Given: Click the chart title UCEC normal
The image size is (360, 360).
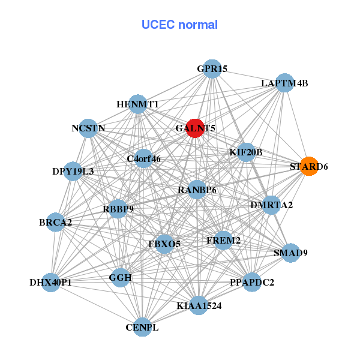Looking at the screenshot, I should tap(179, 25).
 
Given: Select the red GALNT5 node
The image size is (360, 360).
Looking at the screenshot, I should tap(195, 128).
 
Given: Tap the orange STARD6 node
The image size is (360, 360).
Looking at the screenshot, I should tap(309, 166).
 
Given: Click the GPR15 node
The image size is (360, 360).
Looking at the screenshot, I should tap(211, 69).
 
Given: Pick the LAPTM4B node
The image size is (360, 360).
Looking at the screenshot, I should tap(284, 83).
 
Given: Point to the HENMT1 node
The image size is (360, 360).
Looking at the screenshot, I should tap(137, 104).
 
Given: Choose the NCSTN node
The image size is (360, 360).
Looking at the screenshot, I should tap(88, 128).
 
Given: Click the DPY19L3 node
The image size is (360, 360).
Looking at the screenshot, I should tap(73, 171).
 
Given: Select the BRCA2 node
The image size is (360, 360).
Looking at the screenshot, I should tap(55, 222).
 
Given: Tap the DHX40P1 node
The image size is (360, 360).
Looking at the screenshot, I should tap(50, 281).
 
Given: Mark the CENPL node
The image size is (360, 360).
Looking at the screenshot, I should tap(142, 327).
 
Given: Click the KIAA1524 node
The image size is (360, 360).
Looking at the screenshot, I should tap(199, 305).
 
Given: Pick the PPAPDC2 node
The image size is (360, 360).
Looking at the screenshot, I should tap(252, 281).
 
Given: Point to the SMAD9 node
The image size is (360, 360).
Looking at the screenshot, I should tap(290, 253).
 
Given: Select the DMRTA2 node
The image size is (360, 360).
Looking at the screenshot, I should tap(271, 205).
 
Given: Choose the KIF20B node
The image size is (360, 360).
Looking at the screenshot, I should tap(246, 152).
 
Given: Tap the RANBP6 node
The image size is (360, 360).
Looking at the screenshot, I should tap(197, 190).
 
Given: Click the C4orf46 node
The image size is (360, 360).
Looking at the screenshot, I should tap(143, 159).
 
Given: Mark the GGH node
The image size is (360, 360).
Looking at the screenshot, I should tap(120, 277).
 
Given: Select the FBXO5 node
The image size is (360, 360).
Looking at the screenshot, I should tap(164, 244).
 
